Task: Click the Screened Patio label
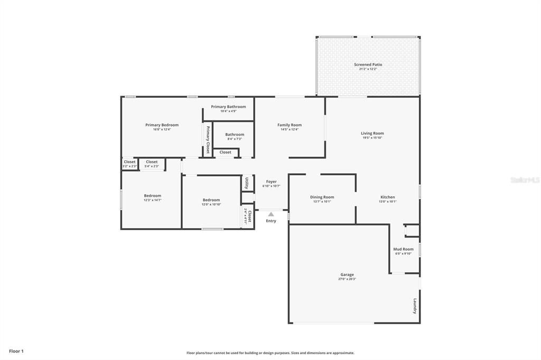(x=368, y=64)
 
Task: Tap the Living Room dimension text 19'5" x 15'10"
(x=372, y=138)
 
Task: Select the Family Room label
(x=289, y=125)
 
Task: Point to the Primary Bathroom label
(x=228, y=107)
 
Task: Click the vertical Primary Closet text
(x=208, y=140)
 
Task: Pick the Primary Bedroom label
(x=162, y=125)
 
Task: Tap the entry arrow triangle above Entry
(x=271, y=214)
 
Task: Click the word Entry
(x=271, y=221)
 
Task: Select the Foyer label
(x=271, y=182)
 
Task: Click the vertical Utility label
(x=247, y=183)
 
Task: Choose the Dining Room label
(x=322, y=197)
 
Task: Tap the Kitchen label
(x=387, y=197)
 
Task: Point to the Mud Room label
(x=403, y=249)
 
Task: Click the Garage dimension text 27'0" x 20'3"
(x=347, y=279)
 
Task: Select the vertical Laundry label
(x=415, y=307)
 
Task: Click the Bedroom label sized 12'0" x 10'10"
(x=211, y=200)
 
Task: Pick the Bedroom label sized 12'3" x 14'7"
(x=152, y=196)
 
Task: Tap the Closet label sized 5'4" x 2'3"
(x=152, y=162)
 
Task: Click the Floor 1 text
(x=16, y=351)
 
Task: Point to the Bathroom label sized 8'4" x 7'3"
(x=235, y=135)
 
